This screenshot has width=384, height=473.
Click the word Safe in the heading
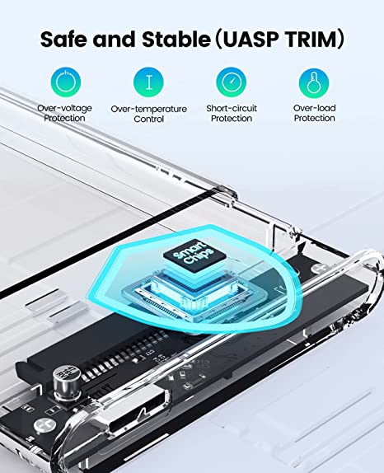pos(64,39)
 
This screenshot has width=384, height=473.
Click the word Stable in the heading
pos(176,39)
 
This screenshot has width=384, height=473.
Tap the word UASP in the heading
pos(250,39)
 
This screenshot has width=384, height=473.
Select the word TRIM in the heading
pos(310,39)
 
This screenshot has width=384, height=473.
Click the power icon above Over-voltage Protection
pos(66,82)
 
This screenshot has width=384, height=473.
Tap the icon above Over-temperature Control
pos(148,82)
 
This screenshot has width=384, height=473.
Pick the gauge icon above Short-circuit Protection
pos(231,82)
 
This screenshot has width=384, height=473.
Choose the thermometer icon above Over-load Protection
pos(314,82)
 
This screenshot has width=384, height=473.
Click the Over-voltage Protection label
pos(64,113)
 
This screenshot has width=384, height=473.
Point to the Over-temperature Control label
pos(148,114)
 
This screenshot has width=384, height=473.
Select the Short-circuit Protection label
pos(232,113)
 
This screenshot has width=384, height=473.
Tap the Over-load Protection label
pos(314,113)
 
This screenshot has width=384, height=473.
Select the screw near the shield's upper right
pos(319,268)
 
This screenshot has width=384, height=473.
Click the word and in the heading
pos(115,39)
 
